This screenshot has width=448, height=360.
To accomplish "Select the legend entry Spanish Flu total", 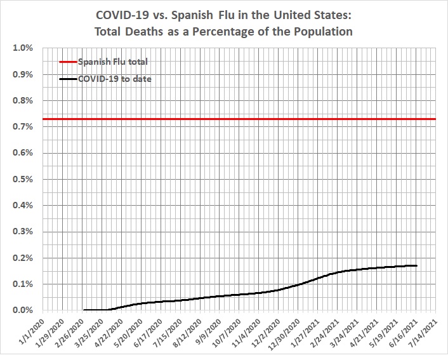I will coord(112,62).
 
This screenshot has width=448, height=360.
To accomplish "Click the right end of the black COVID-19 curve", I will coord(416,265).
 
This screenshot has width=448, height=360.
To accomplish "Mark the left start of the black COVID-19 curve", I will coord(84,310).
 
